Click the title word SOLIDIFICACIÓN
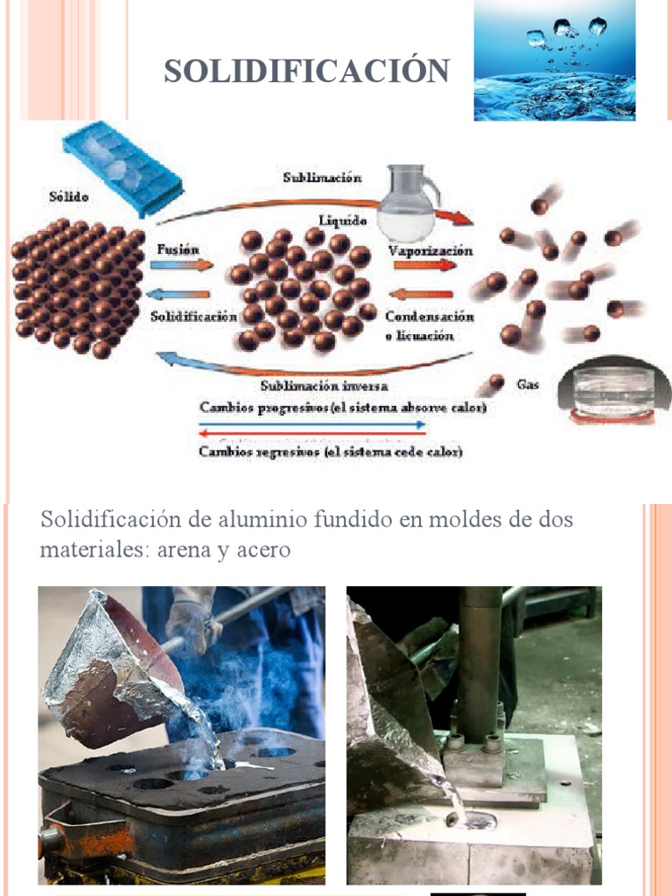pos(306,71)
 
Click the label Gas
pos(528,384)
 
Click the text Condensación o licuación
pos(430,325)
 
